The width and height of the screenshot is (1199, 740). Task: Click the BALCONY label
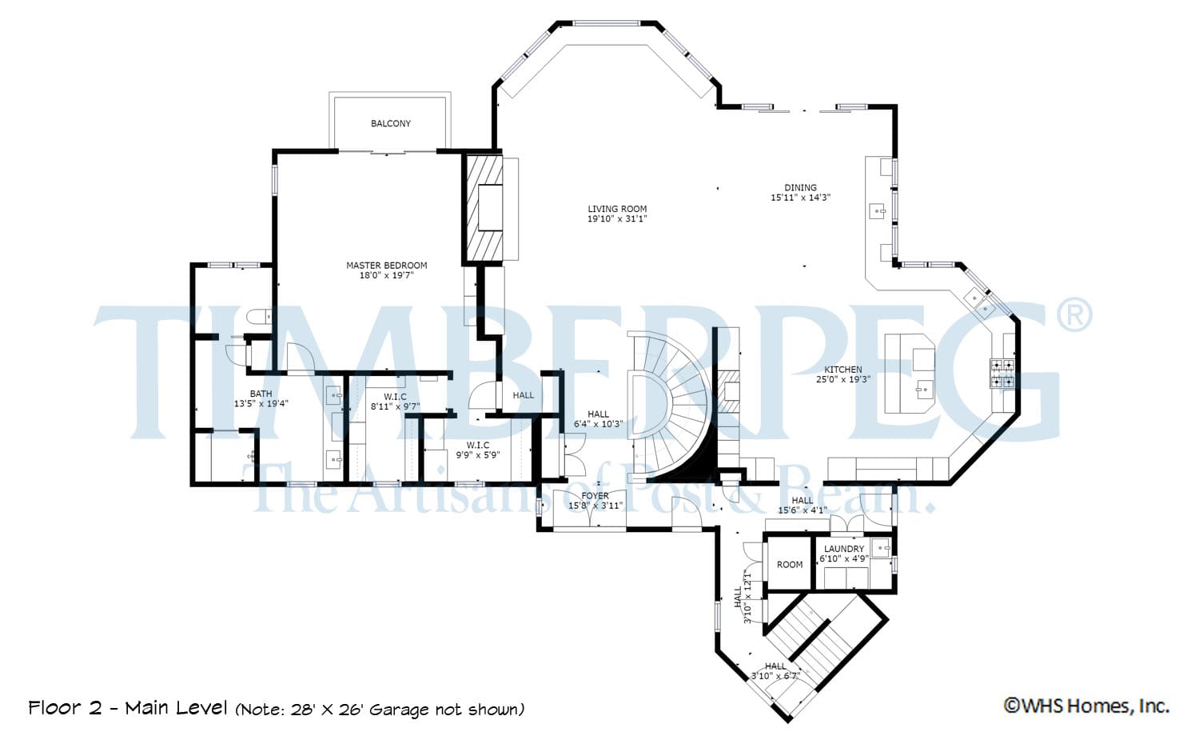[391, 123]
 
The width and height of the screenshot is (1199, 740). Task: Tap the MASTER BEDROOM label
[386, 266]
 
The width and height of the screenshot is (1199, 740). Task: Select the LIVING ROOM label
[617, 209]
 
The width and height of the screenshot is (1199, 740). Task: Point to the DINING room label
[800, 187]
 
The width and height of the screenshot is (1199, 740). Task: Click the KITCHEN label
[843, 370]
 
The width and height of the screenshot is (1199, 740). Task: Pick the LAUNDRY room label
[844, 549]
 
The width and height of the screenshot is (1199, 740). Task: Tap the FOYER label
[596, 496]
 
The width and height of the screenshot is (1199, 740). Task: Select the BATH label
[261, 394]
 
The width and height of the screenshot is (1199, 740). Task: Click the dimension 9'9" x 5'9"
[478, 455]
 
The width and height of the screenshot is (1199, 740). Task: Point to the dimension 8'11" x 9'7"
[395, 406]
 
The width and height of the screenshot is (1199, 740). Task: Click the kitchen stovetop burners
[1002, 373]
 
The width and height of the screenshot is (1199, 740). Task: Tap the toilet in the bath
[261, 316]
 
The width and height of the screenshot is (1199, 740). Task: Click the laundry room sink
[881, 548]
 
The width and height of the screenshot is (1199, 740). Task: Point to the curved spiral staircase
[671, 407]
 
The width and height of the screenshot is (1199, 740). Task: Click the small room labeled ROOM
[790, 565]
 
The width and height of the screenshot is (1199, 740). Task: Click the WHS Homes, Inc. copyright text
[1086, 706]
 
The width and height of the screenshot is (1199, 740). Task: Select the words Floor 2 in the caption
[65, 708]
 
